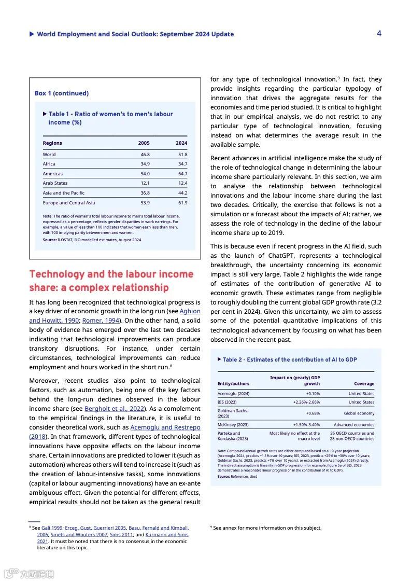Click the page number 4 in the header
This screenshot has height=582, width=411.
379,33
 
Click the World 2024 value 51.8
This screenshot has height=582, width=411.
182,155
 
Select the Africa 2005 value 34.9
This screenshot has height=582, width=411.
145,164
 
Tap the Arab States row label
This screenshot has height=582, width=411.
55,183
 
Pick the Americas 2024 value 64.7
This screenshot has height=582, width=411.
182,174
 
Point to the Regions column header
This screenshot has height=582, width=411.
52,143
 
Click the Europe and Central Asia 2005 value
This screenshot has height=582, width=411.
145,203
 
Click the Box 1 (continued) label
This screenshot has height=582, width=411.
62,93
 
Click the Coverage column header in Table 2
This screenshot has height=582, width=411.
364,384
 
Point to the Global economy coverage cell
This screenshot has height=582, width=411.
359,413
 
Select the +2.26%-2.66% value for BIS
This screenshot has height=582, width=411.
306,402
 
